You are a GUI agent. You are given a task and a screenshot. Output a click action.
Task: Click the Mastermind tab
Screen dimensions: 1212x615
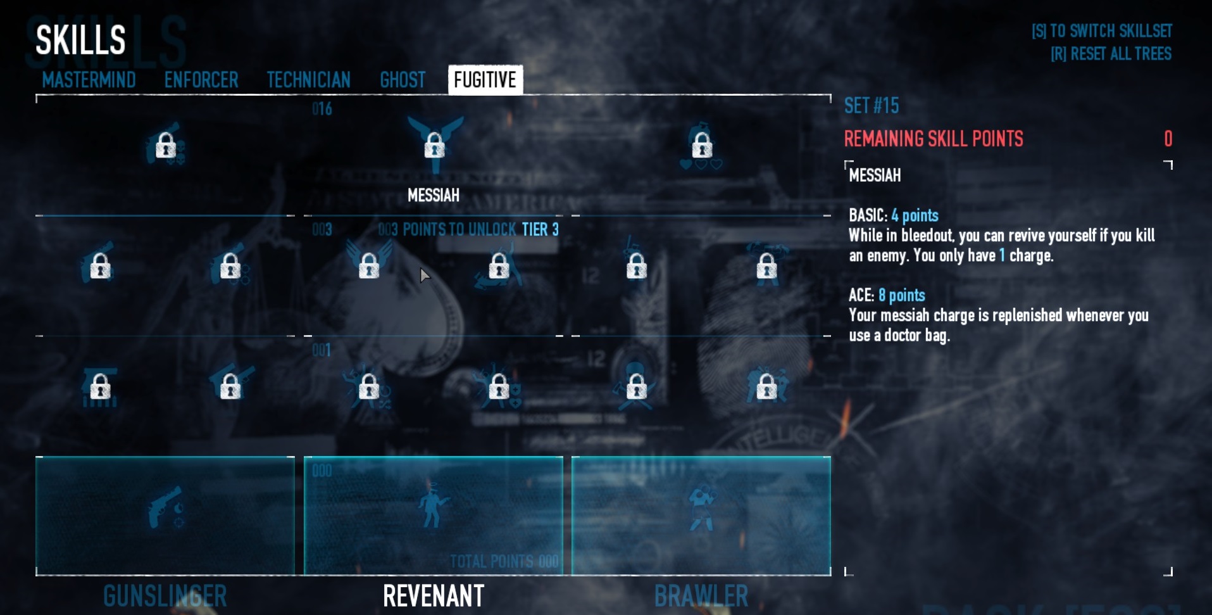[x=89, y=80]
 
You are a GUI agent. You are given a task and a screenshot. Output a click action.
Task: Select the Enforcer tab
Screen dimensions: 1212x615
[x=201, y=80]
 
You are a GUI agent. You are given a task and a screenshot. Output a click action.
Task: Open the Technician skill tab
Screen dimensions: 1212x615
[x=308, y=80]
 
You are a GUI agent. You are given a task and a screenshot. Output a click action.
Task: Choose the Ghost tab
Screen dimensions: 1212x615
[x=403, y=80]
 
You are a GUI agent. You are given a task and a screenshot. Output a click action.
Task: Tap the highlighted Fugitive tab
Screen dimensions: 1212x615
[x=485, y=80]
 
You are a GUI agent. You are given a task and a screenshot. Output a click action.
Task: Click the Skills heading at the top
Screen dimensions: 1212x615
[x=80, y=40]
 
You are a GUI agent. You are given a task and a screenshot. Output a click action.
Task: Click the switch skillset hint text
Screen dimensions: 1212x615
[x=1101, y=31]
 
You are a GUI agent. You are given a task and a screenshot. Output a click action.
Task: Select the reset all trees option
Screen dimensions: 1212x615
[x=1111, y=54]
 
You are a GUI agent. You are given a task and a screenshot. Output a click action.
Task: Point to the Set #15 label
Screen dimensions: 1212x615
[x=872, y=106]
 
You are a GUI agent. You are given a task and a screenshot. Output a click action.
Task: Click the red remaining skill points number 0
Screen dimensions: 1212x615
[x=1168, y=139]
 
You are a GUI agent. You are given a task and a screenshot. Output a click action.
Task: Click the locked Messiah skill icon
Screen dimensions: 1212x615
[x=434, y=145]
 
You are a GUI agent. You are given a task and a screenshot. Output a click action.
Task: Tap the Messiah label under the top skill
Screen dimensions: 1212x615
[x=434, y=195]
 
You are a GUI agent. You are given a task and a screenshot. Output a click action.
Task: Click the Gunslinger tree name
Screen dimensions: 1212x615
[x=165, y=596]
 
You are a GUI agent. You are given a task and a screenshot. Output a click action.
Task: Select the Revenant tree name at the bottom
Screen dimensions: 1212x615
[x=434, y=596]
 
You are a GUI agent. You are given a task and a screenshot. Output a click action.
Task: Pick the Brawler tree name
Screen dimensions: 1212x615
[x=701, y=596]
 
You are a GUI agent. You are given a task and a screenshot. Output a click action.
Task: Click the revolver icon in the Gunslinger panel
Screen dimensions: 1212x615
[x=166, y=507]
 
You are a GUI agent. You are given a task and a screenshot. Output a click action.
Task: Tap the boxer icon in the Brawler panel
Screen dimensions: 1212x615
[x=701, y=507]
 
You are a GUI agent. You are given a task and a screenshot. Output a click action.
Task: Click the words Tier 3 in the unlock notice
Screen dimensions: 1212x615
[x=540, y=229]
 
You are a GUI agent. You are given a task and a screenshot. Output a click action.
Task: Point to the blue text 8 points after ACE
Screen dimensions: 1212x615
[x=901, y=295]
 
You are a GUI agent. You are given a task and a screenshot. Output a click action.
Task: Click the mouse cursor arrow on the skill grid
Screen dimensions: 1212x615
[x=425, y=275]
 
